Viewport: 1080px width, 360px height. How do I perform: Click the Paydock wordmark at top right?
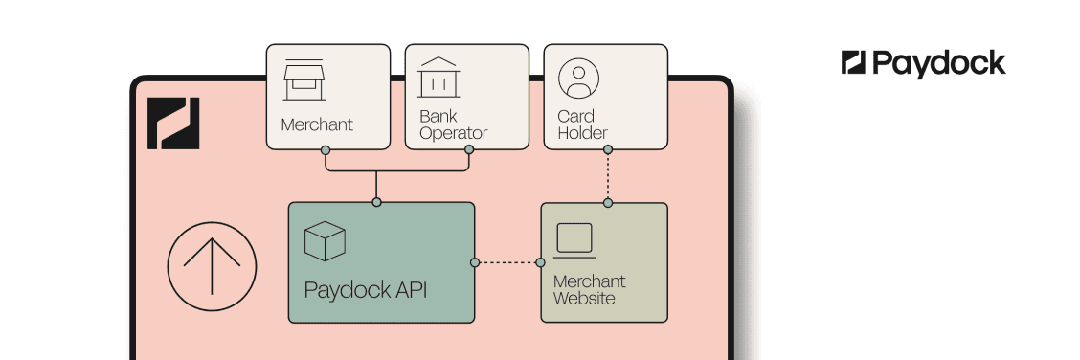click(923, 64)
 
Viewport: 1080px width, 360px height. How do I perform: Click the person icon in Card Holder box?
click(577, 79)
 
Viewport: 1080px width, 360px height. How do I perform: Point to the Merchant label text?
click(317, 124)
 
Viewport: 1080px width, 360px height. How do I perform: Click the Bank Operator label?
click(453, 124)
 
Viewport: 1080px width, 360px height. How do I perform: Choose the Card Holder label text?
click(582, 124)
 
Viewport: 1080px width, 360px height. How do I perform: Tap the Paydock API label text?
click(360, 290)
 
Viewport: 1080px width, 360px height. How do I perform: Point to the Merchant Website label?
click(589, 290)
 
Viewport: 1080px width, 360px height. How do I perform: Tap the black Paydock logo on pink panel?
click(173, 124)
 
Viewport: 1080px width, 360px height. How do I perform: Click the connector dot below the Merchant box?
click(326, 150)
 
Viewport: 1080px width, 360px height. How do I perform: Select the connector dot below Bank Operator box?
click(469, 150)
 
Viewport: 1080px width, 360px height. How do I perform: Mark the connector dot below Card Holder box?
click(607, 149)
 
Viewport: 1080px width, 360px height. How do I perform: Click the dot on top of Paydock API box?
click(376, 202)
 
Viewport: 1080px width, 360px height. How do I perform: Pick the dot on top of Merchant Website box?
click(607, 202)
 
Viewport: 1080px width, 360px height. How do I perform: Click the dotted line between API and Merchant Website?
click(507, 262)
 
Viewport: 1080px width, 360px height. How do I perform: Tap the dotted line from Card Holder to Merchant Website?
click(607, 176)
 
